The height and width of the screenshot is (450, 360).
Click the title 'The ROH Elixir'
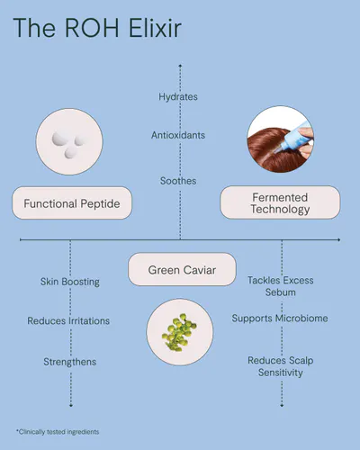(97, 28)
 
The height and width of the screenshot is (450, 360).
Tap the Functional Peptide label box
(72, 203)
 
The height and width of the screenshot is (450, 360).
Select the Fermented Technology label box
(280, 202)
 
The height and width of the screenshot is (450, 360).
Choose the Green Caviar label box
(182, 269)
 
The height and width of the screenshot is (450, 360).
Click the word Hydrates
(178, 96)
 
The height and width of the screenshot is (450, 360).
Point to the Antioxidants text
(178, 135)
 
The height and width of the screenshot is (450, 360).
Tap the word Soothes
(178, 181)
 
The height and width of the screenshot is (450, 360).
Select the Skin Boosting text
(70, 282)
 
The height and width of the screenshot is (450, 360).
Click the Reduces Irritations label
(68, 320)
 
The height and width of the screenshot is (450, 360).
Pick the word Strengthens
(70, 362)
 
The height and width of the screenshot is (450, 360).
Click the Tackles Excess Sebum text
(281, 286)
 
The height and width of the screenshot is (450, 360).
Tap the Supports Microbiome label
(280, 319)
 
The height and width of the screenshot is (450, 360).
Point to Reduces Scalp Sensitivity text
(281, 366)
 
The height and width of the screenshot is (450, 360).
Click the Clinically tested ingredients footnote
(58, 432)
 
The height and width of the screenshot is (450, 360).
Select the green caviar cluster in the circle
(179, 332)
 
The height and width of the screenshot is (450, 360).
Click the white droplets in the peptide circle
(67, 145)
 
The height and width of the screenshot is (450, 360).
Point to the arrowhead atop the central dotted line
(180, 66)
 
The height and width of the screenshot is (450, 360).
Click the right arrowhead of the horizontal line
(338, 239)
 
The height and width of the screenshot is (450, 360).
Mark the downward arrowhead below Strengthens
(71, 406)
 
